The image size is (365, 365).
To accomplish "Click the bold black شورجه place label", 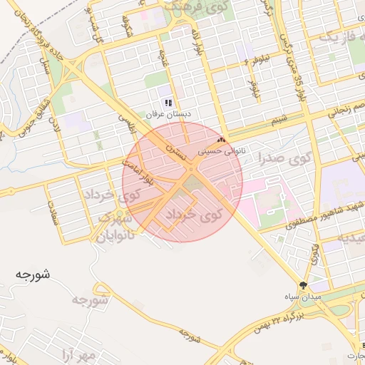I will (x=33, y=274).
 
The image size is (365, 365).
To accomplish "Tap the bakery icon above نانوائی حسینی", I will (x=221, y=140).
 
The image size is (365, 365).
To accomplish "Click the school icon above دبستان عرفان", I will (x=168, y=103).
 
